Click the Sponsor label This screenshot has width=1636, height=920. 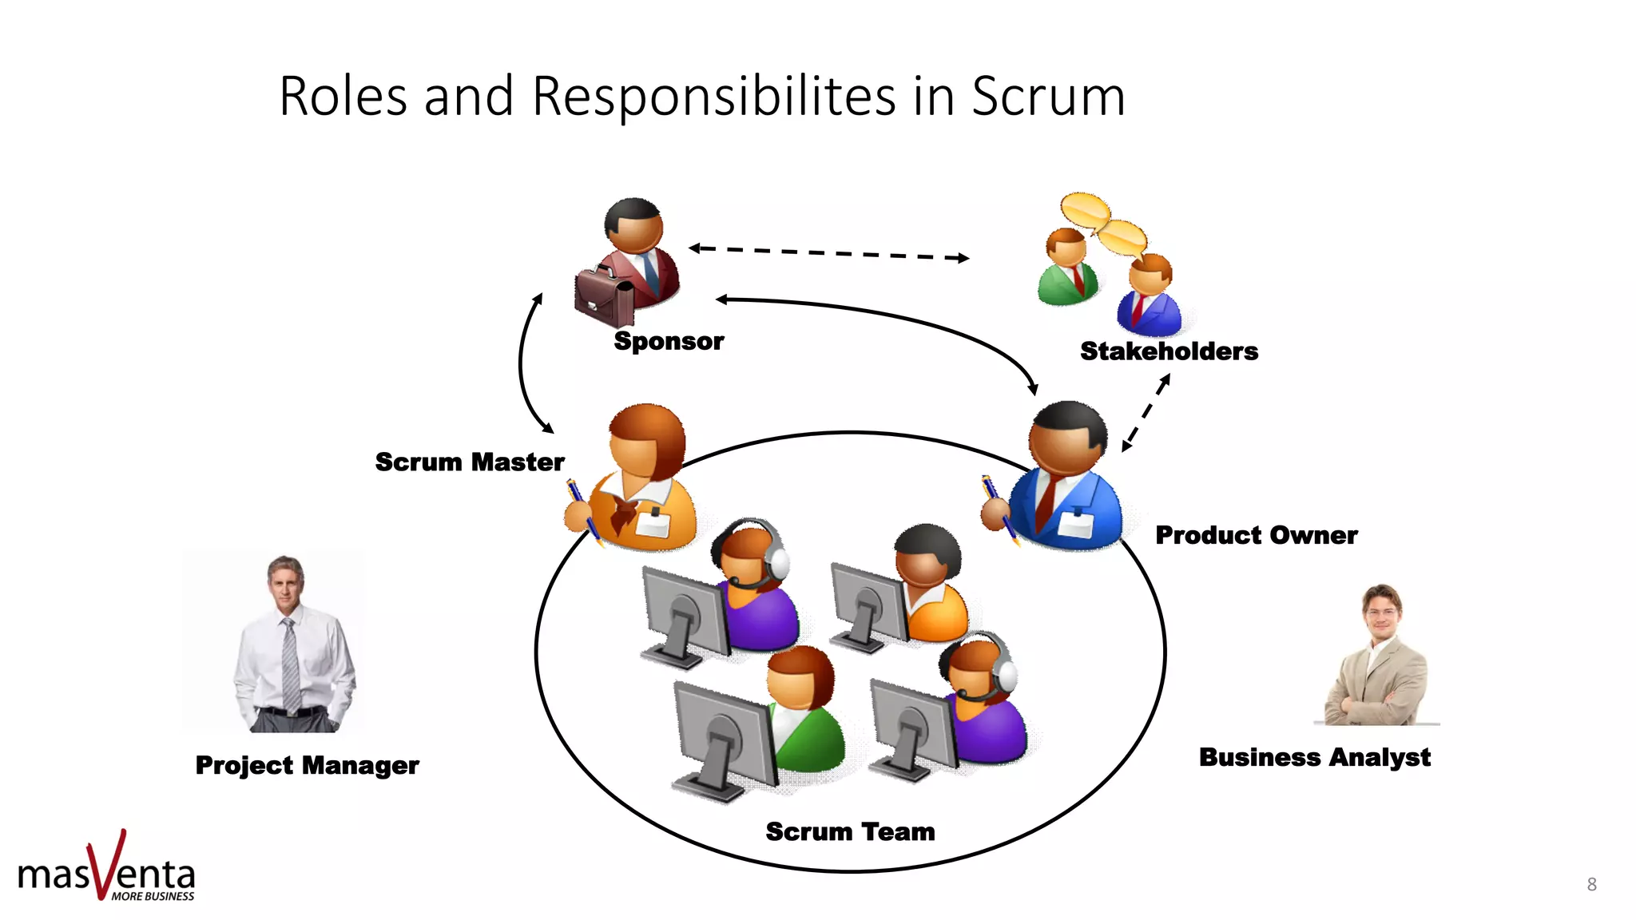click(x=669, y=341)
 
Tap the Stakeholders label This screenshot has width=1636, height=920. click(x=1169, y=351)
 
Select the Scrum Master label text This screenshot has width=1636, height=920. click(x=470, y=462)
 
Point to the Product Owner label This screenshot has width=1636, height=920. click(x=1256, y=535)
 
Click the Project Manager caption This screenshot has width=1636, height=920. click(x=307, y=765)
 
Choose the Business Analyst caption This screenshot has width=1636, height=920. click(x=1314, y=757)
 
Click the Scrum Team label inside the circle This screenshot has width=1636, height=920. click(x=850, y=831)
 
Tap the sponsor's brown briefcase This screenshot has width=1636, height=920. click(x=603, y=298)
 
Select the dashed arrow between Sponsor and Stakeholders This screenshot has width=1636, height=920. click(x=828, y=253)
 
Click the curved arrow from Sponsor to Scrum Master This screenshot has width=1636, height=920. click(x=524, y=363)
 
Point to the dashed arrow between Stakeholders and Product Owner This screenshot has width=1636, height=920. click(x=1146, y=412)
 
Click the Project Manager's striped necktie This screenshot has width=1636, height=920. click(x=291, y=667)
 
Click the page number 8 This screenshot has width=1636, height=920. click(x=1591, y=884)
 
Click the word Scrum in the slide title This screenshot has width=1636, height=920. click(x=1047, y=97)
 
